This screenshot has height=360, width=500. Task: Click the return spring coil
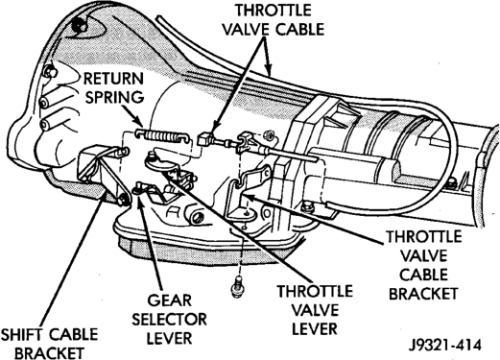tap(161, 134)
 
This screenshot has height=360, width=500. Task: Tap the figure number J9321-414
tap(445, 346)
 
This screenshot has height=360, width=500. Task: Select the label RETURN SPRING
tap(114, 88)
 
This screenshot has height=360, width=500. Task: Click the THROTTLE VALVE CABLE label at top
tap(274, 20)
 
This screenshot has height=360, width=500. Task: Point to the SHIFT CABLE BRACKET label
tap(49, 344)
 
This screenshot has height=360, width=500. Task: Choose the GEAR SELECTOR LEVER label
tap(169, 320)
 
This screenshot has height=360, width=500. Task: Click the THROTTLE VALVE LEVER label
tap(315, 310)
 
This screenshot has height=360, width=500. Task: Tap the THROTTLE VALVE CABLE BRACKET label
tap(423, 265)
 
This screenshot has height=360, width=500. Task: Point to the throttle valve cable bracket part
tap(247, 195)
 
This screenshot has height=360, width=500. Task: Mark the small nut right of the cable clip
tap(269, 134)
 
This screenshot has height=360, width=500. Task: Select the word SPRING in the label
tap(114, 97)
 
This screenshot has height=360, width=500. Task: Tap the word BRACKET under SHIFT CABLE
tap(49, 353)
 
